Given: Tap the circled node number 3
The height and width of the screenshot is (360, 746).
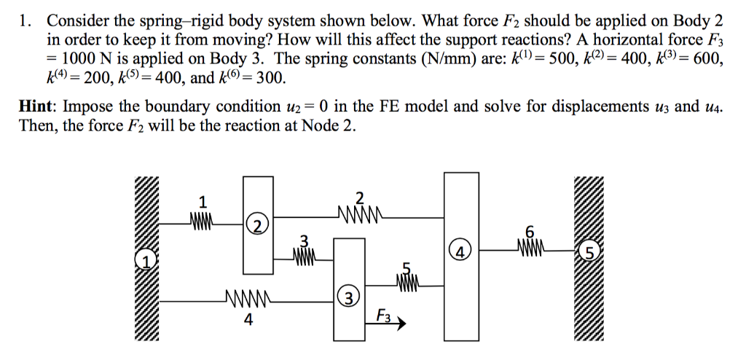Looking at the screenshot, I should (349, 297).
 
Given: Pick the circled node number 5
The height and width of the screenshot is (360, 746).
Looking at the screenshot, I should (590, 253).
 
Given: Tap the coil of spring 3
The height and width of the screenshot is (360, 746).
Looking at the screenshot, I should (305, 255).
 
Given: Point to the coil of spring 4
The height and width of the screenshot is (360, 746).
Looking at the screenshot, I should (248, 298).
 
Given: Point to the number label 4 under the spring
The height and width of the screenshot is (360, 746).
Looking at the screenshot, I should (248, 318).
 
